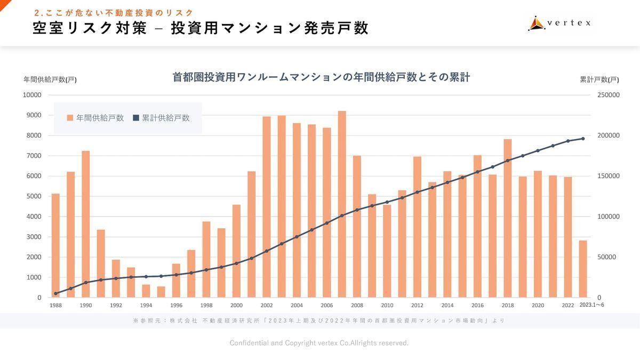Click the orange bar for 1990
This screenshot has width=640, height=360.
(x=85, y=224)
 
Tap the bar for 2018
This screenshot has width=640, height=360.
(x=508, y=218)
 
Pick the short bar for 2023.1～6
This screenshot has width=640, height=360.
(x=583, y=269)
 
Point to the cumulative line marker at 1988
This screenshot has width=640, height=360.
(x=55, y=293)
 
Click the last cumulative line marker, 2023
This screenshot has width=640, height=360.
(x=583, y=139)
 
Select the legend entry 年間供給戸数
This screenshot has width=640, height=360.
(x=95, y=118)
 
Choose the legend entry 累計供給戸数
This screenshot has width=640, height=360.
(x=161, y=118)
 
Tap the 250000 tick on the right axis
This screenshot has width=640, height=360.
(x=608, y=95)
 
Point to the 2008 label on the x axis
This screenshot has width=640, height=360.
(x=357, y=305)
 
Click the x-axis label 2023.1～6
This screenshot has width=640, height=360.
(x=592, y=305)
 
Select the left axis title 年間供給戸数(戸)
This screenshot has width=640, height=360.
(x=50, y=79)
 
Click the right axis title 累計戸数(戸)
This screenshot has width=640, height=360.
(x=599, y=79)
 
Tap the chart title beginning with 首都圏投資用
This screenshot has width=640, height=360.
(x=321, y=77)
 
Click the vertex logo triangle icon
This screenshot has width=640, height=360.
(x=536, y=23)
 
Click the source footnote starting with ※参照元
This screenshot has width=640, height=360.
(x=319, y=321)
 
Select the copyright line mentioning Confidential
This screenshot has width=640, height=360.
(x=319, y=342)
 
